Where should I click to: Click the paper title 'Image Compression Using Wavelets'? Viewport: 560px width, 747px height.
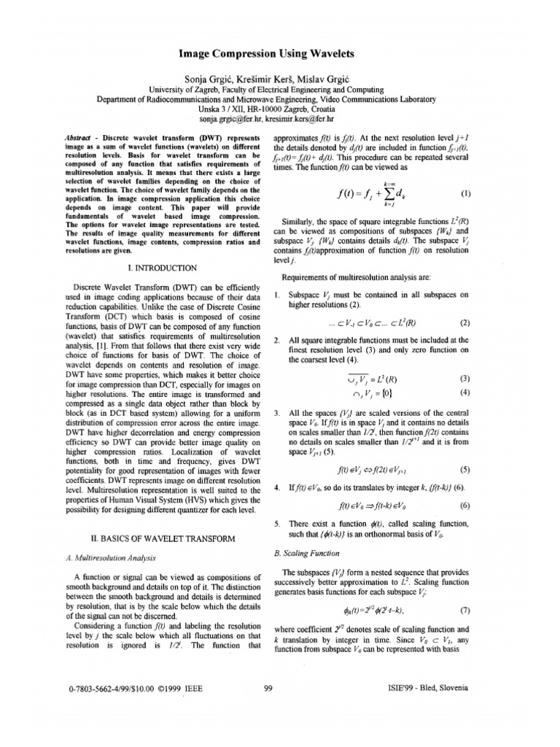point(281,53)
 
